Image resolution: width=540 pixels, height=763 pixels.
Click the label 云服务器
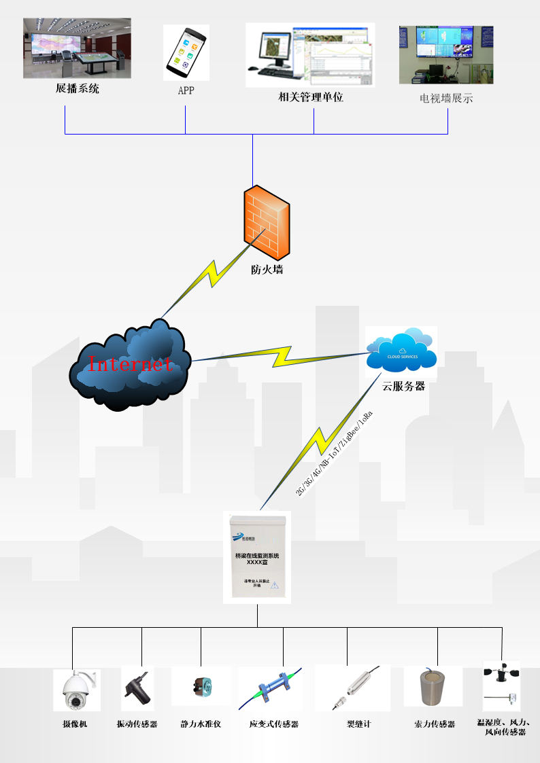[403, 386]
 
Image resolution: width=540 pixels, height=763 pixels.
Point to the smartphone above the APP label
[186, 52]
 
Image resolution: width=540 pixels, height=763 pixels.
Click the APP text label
[186, 90]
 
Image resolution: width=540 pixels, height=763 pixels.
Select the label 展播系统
[77, 88]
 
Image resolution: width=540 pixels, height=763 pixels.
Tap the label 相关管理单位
[311, 97]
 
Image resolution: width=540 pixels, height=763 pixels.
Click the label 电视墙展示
[446, 99]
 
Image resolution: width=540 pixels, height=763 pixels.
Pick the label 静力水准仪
[201, 724]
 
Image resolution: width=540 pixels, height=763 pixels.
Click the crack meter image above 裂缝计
[352, 688]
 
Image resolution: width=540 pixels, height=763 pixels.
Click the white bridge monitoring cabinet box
[258, 558]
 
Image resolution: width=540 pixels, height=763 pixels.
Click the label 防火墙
[267, 270]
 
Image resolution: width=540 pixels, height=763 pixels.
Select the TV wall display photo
[446, 55]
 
